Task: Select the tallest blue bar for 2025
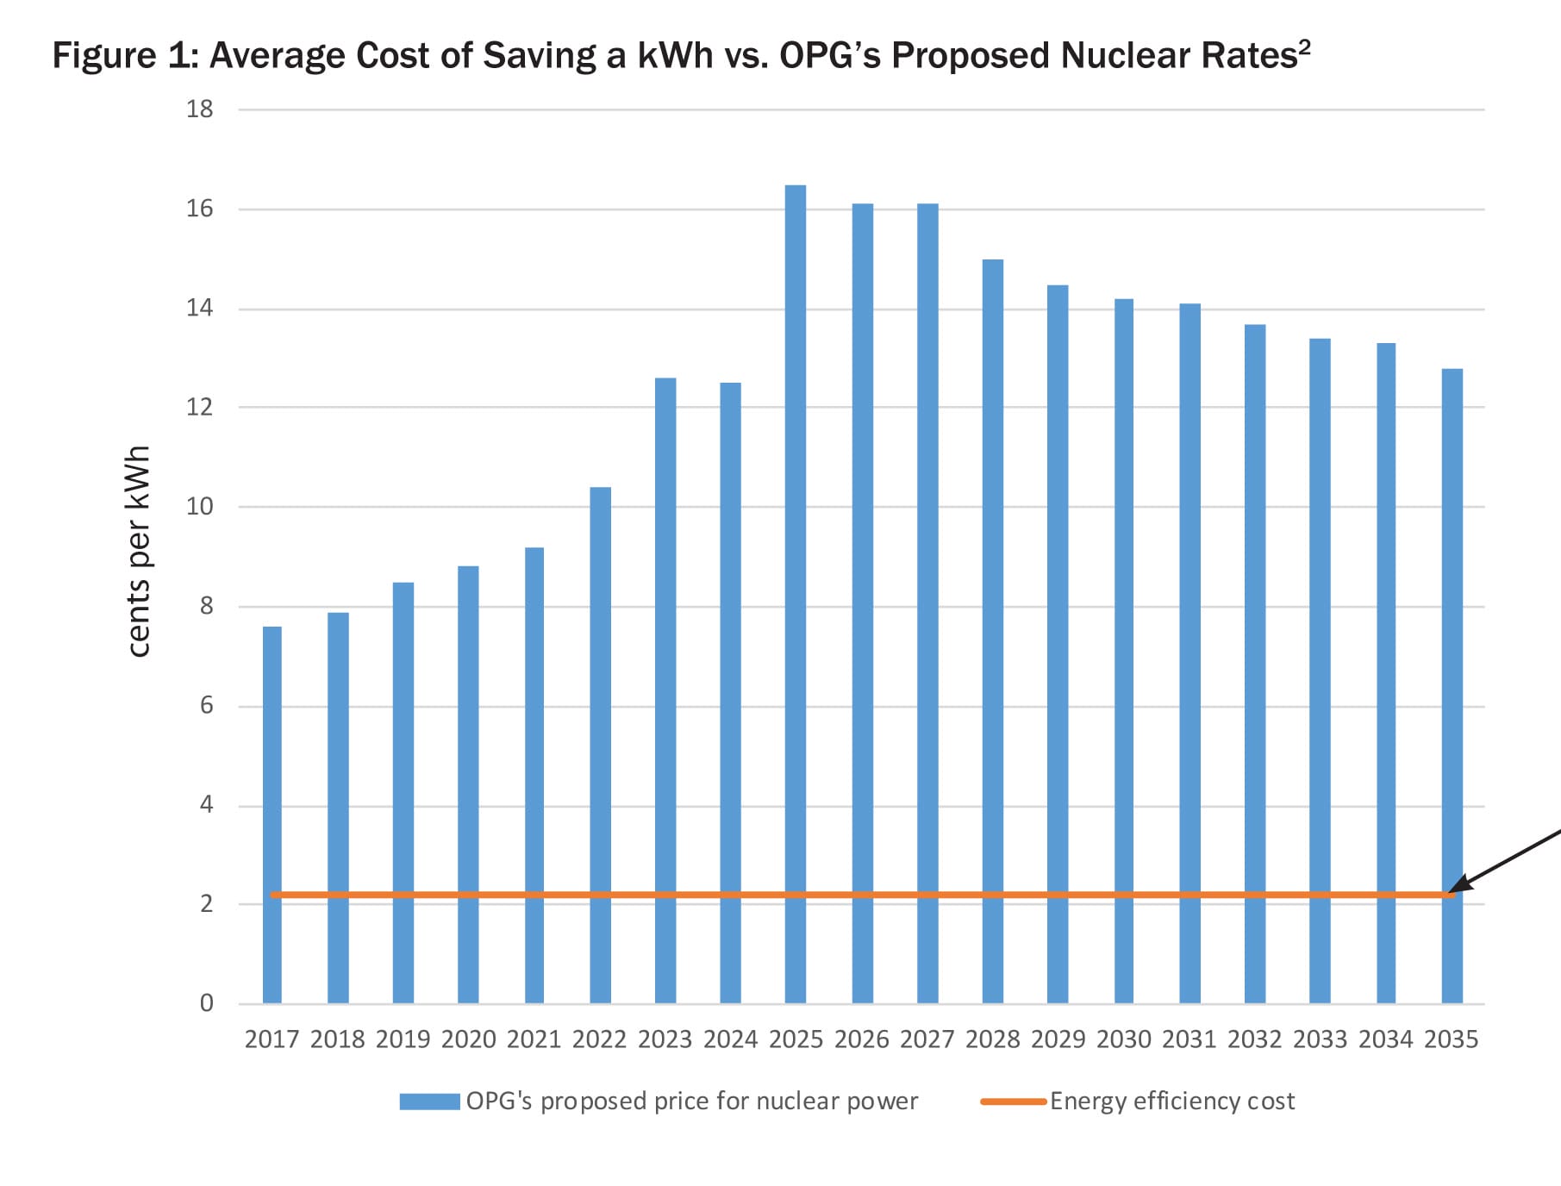tap(796, 595)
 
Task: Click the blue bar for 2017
tap(272, 815)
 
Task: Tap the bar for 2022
tap(601, 746)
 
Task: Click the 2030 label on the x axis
tap(1124, 1039)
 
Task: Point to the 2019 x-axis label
tap(403, 1039)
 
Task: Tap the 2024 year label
tap(731, 1039)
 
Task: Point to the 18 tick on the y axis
tap(200, 109)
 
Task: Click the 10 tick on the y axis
tap(200, 507)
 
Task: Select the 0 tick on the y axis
tap(207, 1003)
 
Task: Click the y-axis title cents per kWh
tap(139, 552)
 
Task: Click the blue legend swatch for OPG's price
tap(429, 1102)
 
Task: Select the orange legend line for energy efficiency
tap(1013, 1102)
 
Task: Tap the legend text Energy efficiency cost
tap(1172, 1102)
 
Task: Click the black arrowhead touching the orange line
tap(1457, 888)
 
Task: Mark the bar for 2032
tap(1255, 664)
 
